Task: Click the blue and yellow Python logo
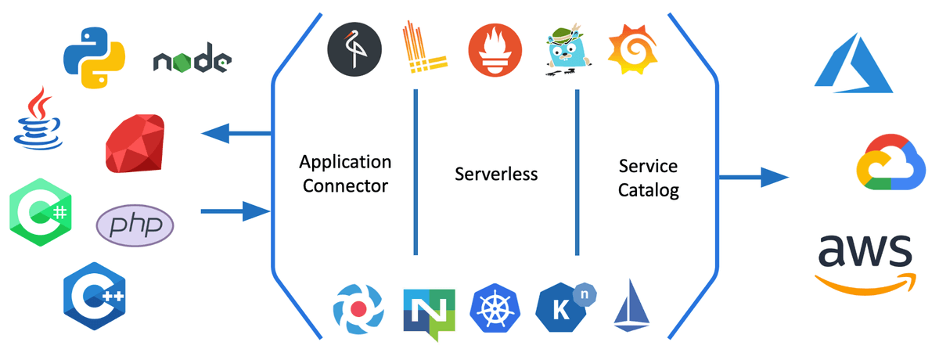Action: point(95,58)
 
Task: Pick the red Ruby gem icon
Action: point(135,143)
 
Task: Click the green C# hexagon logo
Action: point(41,213)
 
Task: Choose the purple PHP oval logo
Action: point(135,225)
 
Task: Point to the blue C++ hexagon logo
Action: point(95,297)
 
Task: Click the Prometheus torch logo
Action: point(495,50)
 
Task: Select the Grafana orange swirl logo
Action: point(633,49)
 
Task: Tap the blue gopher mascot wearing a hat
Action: point(567,49)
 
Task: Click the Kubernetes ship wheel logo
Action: point(495,308)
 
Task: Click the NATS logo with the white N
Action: point(430,314)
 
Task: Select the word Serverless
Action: point(496,174)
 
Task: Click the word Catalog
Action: point(649,191)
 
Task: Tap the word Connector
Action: point(345,186)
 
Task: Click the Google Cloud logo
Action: point(890,162)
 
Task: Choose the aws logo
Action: point(865,264)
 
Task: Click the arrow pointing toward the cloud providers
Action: point(754,178)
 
